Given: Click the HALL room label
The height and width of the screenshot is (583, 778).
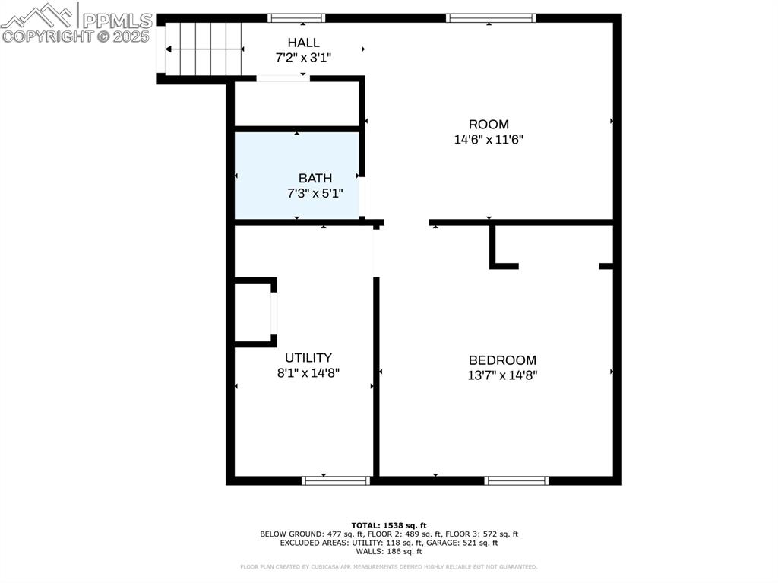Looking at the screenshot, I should coord(303,43).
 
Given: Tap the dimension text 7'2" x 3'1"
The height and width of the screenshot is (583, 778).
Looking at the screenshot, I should coord(303,57).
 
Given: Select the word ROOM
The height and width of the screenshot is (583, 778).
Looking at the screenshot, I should coord(489,125).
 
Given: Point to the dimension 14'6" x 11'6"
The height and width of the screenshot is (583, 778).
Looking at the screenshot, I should coord(489,140).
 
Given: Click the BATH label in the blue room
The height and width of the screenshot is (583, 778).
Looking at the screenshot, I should coord(315,178).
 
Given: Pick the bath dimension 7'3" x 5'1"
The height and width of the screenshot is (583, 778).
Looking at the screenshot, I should coord(315,193).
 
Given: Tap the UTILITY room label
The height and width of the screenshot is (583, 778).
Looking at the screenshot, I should coord(308,357).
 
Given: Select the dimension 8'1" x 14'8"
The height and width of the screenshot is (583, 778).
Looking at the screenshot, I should coord(308,372).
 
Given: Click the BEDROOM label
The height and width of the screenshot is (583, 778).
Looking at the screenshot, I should coord(502,360).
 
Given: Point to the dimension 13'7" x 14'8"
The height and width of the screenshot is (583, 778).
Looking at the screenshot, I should coord(502,375).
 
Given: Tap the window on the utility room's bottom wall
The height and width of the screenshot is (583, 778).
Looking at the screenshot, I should coord(336,480).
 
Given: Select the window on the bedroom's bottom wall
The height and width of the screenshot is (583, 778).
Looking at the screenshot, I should coord(516,480).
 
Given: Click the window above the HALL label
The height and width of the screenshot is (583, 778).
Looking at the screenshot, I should coord(296,17).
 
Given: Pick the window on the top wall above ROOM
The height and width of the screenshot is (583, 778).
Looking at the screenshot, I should coord(491,17).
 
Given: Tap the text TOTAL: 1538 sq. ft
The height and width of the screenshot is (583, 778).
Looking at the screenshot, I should coord(389,525).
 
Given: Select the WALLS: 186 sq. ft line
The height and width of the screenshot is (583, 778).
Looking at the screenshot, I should coord(389,551).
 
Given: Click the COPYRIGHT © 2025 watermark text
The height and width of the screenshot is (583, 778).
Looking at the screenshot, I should coord(76,36).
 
